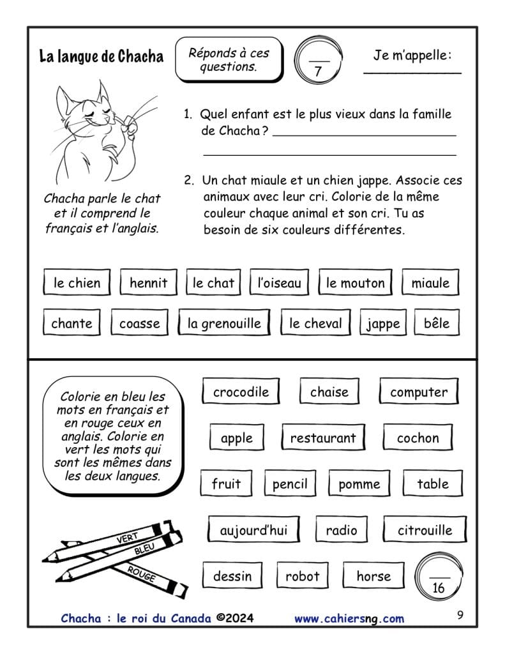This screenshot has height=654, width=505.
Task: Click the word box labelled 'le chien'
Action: tap(77, 283)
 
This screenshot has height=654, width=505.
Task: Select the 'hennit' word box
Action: tap(148, 283)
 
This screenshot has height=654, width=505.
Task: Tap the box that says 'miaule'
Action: tap(430, 283)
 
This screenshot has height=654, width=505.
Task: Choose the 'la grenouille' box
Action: tap(224, 323)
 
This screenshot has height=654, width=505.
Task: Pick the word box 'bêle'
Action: tap(437, 323)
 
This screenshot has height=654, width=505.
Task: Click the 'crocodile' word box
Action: tap(241, 392)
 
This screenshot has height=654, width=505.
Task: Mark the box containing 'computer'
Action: tap(419, 392)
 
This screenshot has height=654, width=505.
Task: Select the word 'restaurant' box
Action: tap(323, 438)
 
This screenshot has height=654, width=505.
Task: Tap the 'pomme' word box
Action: tap(359, 484)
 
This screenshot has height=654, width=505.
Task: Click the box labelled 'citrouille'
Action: tap(425, 530)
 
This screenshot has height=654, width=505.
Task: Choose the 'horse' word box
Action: tap(373, 576)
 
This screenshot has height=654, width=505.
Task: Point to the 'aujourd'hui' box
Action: tap(253, 530)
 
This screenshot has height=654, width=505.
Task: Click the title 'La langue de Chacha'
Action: tap(101, 56)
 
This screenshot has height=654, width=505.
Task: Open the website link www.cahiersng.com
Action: tap(349, 618)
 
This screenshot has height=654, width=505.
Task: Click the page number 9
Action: tap(460, 616)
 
